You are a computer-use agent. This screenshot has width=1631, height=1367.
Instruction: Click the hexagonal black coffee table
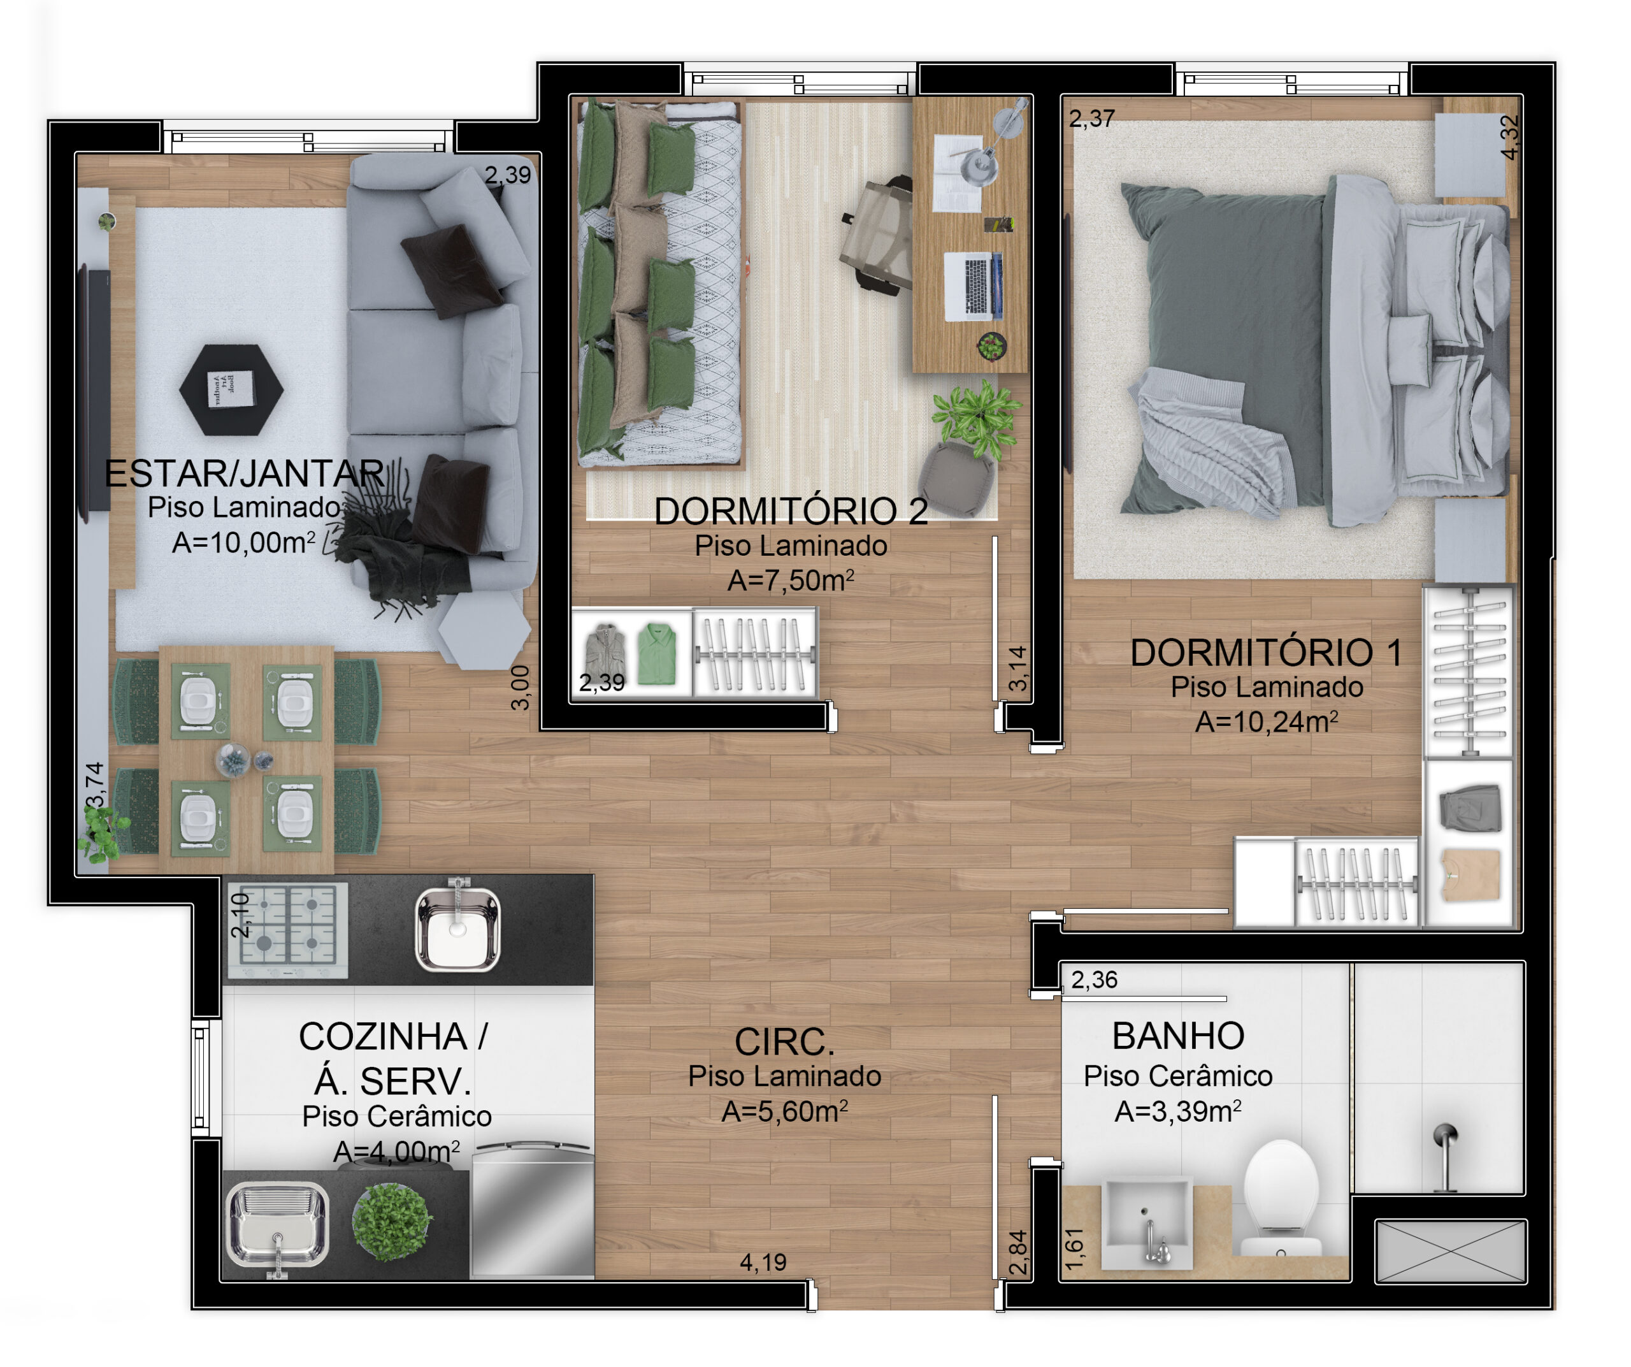231,389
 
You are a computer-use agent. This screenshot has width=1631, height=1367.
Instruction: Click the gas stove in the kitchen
287,930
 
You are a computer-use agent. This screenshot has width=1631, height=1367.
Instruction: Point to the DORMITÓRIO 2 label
791,511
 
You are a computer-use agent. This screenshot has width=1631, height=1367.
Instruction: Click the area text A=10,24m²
1266,721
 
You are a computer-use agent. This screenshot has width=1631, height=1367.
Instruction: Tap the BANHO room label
1178,1036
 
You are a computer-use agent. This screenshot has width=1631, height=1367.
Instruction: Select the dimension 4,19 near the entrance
763,1262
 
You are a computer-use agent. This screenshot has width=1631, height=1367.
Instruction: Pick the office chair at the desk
878,235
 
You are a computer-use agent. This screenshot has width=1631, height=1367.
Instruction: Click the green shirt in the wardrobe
656,654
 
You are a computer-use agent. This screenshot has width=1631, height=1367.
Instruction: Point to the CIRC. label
784,1043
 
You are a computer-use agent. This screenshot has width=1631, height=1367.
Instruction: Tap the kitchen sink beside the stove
457,929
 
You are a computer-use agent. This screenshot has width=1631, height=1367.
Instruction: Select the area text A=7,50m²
791,580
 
